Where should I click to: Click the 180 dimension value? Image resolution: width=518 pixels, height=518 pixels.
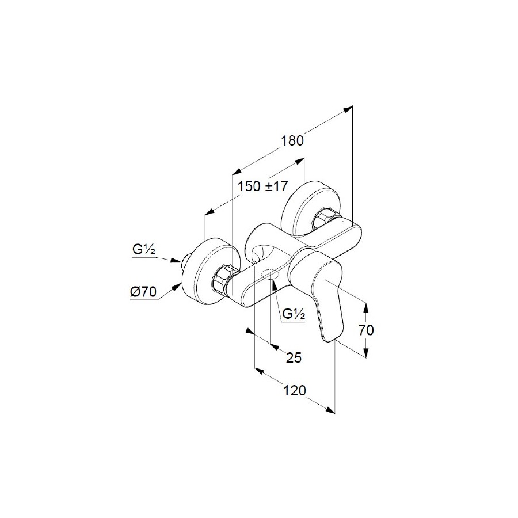[292, 141]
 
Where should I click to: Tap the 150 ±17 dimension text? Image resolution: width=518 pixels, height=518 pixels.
[263, 186]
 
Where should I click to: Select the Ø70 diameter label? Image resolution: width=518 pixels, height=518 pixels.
[143, 292]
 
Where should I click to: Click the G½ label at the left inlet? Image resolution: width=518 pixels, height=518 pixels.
[144, 250]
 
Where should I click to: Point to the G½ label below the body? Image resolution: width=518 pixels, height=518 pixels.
[294, 314]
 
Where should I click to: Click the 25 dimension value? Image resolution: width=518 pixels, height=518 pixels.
[294, 357]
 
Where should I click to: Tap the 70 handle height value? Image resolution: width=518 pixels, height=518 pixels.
[366, 330]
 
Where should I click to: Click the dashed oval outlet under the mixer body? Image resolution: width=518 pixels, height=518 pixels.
[271, 274]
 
